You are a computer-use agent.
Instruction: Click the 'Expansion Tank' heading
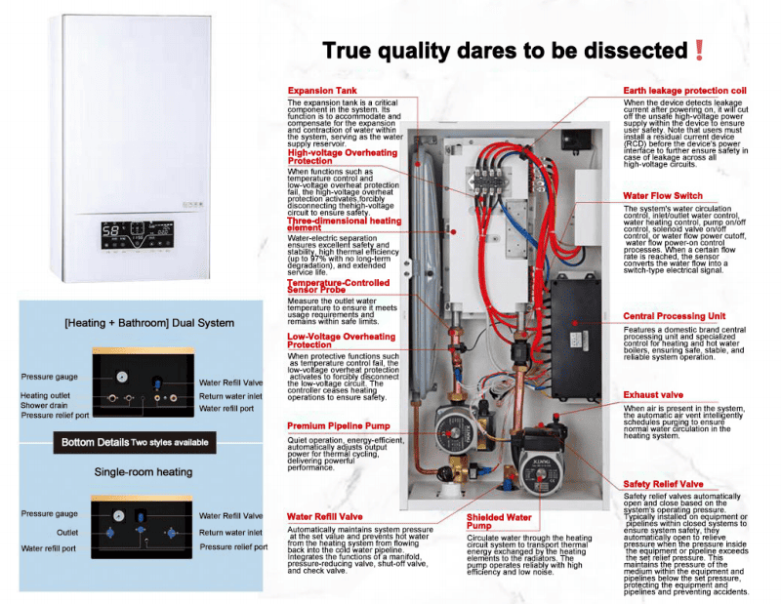point(322,91)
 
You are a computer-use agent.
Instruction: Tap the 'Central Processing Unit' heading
point(675,316)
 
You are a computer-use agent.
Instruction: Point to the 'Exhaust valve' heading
point(653,395)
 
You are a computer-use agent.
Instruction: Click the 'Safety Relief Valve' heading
point(663,484)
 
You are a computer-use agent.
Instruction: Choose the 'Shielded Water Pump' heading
point(499,522)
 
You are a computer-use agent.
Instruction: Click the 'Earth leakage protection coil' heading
point(684,91)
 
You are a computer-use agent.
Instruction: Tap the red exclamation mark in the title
point(699,50)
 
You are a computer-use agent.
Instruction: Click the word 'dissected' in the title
point(634,50)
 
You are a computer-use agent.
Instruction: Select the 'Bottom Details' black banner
point(135,442)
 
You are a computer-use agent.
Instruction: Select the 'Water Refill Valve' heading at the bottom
point(325,516)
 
